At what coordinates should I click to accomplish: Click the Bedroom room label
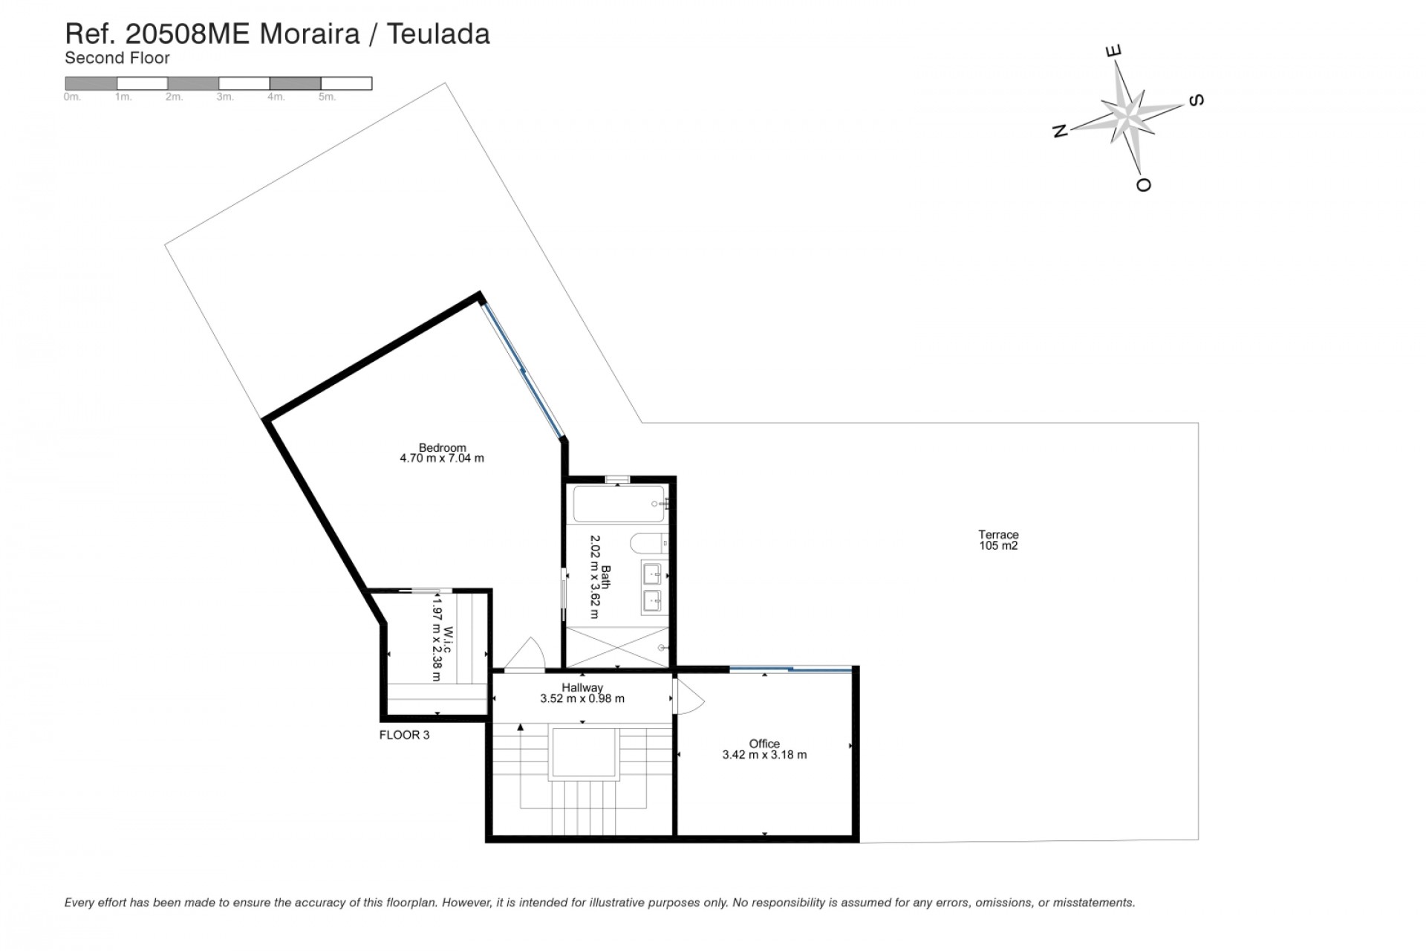coord(442,447)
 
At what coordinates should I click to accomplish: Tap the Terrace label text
coord(997,534)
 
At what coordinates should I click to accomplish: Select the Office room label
coord(764,743)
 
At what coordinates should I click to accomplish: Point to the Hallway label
coord(582,687)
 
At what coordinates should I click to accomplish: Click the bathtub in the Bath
coord(619,504)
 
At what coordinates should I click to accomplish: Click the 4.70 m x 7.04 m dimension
coord(442,458)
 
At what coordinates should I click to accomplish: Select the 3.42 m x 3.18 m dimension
coord(764,755)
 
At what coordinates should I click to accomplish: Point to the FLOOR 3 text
coord(404,735)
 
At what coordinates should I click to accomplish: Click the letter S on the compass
coord(1196,100)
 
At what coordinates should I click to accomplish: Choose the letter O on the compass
coord(1144,184)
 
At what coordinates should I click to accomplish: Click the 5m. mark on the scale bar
coord(327,97)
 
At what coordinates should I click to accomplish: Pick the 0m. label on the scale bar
coord(72,97)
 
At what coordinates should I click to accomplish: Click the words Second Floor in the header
coord(117,58)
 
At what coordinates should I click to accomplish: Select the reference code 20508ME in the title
coord(188,34)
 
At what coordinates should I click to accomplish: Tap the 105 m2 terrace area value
coord(997,546)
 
